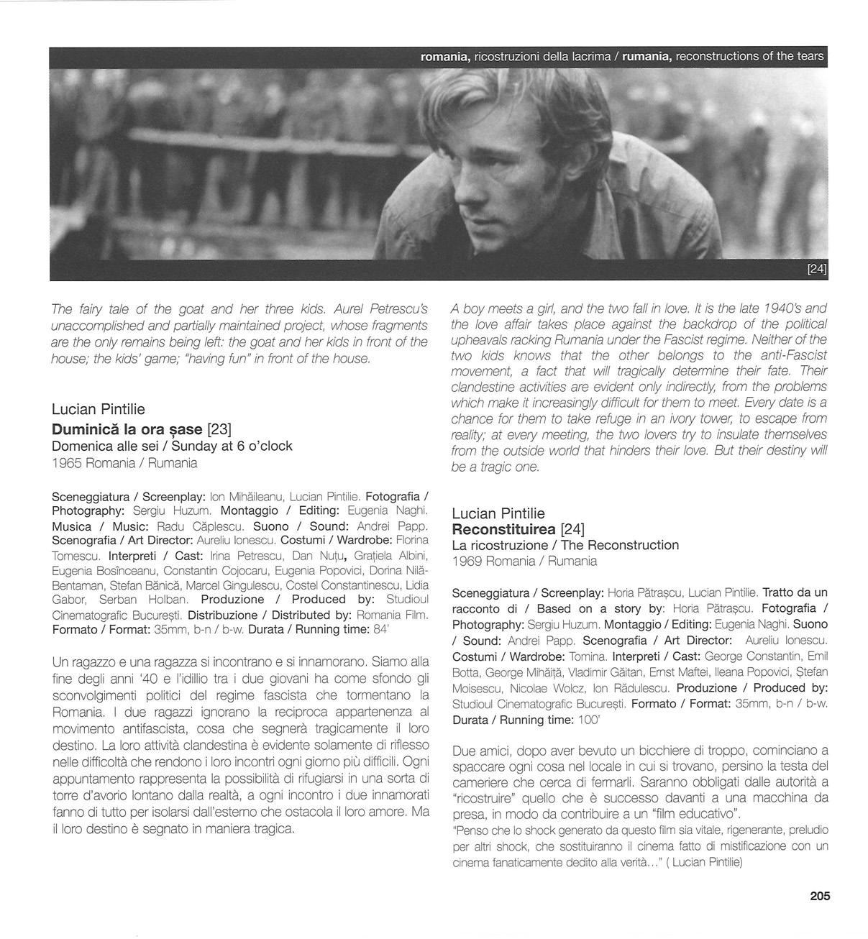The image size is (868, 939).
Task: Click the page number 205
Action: coord(820,896)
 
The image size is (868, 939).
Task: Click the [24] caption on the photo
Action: coord(817,269)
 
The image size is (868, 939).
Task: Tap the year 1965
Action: coord(67,463)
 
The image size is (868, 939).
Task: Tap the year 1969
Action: coord(467,561)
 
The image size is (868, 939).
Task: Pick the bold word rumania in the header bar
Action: coord(647,57)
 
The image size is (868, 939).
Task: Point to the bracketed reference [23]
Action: coord(219,429)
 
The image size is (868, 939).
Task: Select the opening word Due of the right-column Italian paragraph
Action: coord(464,751)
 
